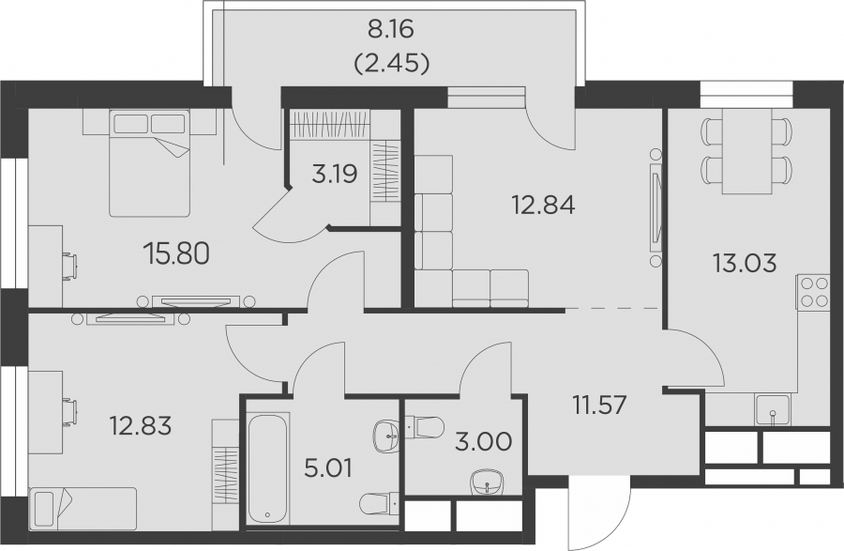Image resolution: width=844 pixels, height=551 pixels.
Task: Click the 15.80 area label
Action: (176, 253)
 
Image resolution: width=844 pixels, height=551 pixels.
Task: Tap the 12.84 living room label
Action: (544, 206)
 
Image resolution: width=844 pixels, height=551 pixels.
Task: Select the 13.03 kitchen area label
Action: (745, 264)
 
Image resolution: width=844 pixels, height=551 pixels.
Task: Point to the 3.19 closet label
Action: (335, 175)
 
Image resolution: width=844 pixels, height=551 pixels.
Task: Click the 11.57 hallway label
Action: (599, 405)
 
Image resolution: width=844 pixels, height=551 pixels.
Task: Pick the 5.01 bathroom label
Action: (328, 468)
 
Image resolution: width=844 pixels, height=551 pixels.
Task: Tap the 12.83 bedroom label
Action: (141, 426)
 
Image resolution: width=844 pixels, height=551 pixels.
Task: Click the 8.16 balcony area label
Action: (391, 30)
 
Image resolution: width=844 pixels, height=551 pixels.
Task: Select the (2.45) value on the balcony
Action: (391, 64)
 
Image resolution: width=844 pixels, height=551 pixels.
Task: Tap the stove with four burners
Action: (813, 291)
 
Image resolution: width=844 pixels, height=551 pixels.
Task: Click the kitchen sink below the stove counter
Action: (773, 411)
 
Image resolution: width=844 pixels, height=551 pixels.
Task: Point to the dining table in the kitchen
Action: (746, 151)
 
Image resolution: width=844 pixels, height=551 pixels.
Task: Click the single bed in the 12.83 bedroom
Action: (83, 509)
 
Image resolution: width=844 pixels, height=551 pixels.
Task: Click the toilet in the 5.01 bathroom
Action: (379, 503)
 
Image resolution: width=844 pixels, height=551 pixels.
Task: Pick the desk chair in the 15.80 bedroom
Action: (70, 265)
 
